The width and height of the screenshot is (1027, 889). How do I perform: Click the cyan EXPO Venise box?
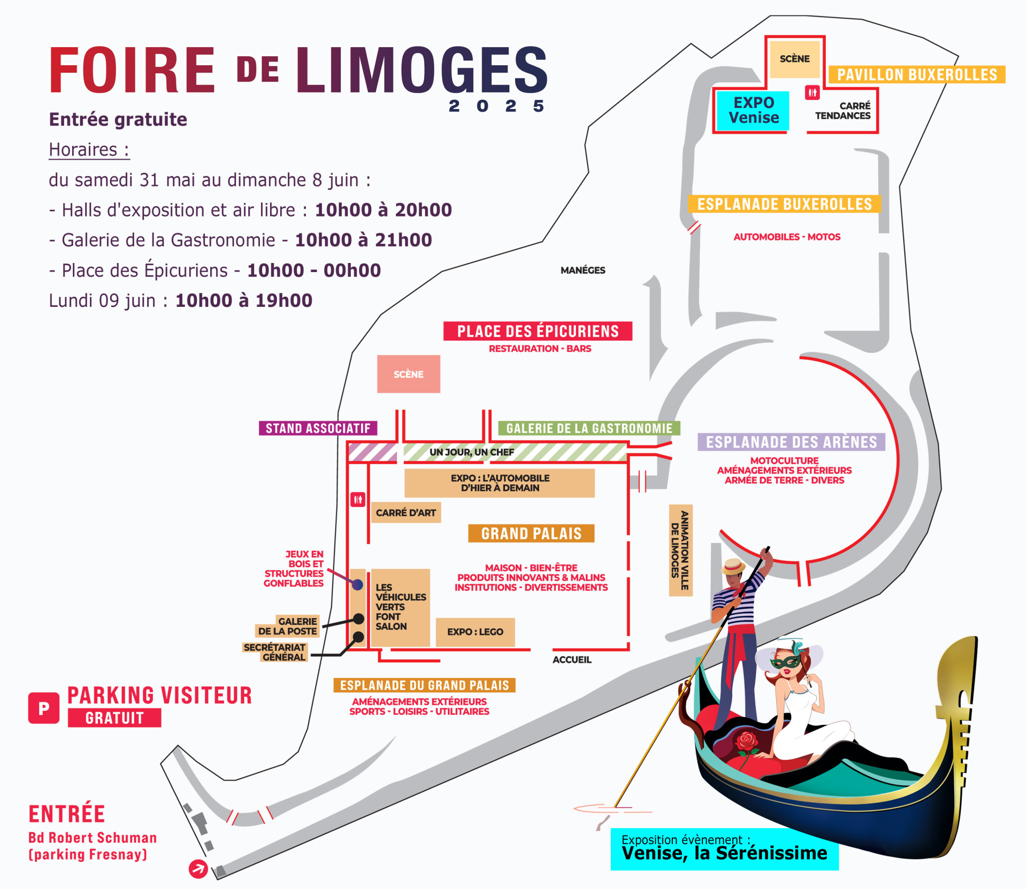[x=753, y=111]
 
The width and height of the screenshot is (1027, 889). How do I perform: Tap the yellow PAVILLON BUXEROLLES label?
[x=917, y=74]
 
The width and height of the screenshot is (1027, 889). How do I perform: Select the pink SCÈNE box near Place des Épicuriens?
[x=409, y=374]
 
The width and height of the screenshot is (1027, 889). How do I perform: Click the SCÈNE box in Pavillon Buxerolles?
[x=794, y=59]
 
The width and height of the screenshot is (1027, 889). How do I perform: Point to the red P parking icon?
[x=44, y=708]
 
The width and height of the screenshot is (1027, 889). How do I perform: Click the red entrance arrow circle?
[x=198, y=869]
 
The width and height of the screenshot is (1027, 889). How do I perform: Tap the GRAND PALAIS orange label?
[x=531, y=534]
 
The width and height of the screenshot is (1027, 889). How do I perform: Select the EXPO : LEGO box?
[x=475, y=632]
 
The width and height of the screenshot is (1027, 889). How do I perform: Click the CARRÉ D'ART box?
[x=406, y=513]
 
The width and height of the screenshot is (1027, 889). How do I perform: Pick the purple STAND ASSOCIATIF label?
[x=318, y=428]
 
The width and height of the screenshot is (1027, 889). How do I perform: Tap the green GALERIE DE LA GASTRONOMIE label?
[x=589, y=428]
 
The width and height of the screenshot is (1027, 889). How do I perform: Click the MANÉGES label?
[x=583, y=270]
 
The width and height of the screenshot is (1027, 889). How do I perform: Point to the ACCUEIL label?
[x=572, y=660]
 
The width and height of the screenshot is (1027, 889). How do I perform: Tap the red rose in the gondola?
[x=747, y=742]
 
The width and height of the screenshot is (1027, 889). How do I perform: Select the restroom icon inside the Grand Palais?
[x=358, y=500]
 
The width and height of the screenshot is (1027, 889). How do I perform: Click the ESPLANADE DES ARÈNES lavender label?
[x=791, y=442]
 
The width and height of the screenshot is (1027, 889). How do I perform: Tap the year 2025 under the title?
[x=496, y=106]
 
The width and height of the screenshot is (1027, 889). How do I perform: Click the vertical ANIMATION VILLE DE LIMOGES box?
[x=681, y=550]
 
